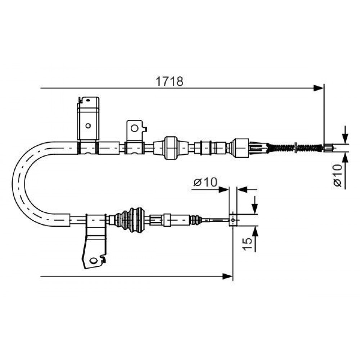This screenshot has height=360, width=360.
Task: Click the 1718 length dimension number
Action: coord(170,81)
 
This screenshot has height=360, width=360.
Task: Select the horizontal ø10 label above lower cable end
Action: coord(205,182)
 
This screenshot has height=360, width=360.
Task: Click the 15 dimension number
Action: coord(247,244)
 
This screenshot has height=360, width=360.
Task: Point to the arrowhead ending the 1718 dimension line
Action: coord(319,88)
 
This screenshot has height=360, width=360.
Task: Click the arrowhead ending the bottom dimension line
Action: coord(228,276)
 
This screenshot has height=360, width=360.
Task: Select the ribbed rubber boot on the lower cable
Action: coord(130,220)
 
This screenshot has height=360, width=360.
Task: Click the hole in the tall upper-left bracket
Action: coord(88,126)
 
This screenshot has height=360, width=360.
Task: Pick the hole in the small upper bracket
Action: coord(135,129)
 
